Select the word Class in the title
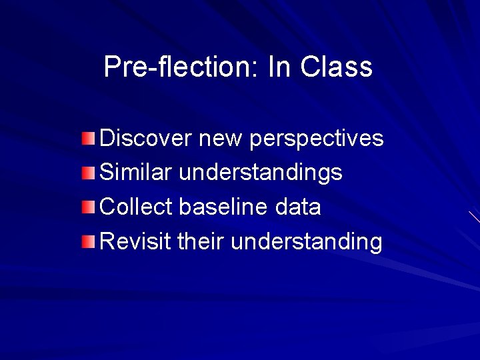336,67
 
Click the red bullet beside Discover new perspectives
89,139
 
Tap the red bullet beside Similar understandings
89,173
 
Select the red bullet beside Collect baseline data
89,207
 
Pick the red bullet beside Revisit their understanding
89,241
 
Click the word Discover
145,139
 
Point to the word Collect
136,207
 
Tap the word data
297,207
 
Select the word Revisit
135,241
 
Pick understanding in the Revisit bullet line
307,241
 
